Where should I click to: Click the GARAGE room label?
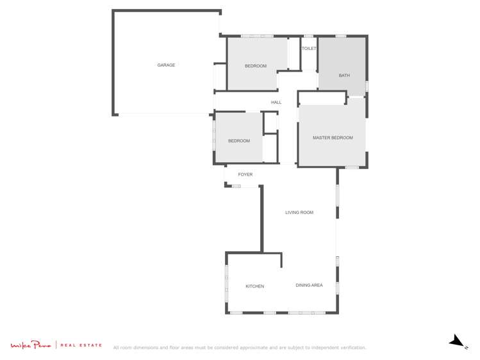166,65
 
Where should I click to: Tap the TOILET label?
309,49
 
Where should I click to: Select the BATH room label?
344,76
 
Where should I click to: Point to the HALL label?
276,102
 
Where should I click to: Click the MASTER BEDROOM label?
333,138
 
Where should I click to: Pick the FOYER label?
245,174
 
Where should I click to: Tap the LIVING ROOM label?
299,212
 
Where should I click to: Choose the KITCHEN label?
254,286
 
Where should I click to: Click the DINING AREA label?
309,285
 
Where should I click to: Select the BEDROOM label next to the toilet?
256,66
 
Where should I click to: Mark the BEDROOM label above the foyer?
239,141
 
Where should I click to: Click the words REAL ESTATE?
81,345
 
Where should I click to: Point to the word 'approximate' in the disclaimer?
248,348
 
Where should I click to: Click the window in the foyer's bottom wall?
236,186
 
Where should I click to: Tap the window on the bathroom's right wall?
367,86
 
